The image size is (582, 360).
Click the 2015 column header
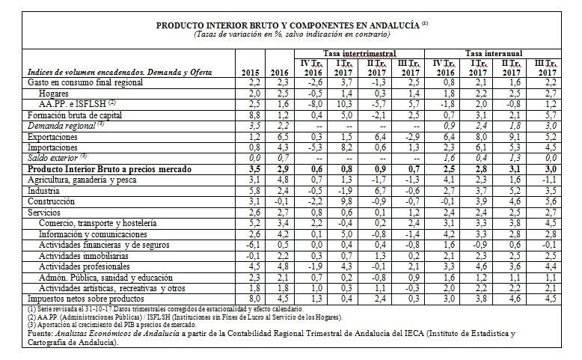click(251, 72)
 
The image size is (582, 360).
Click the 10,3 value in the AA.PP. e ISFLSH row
click(341, 106)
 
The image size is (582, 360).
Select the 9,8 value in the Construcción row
click(341, 202)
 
